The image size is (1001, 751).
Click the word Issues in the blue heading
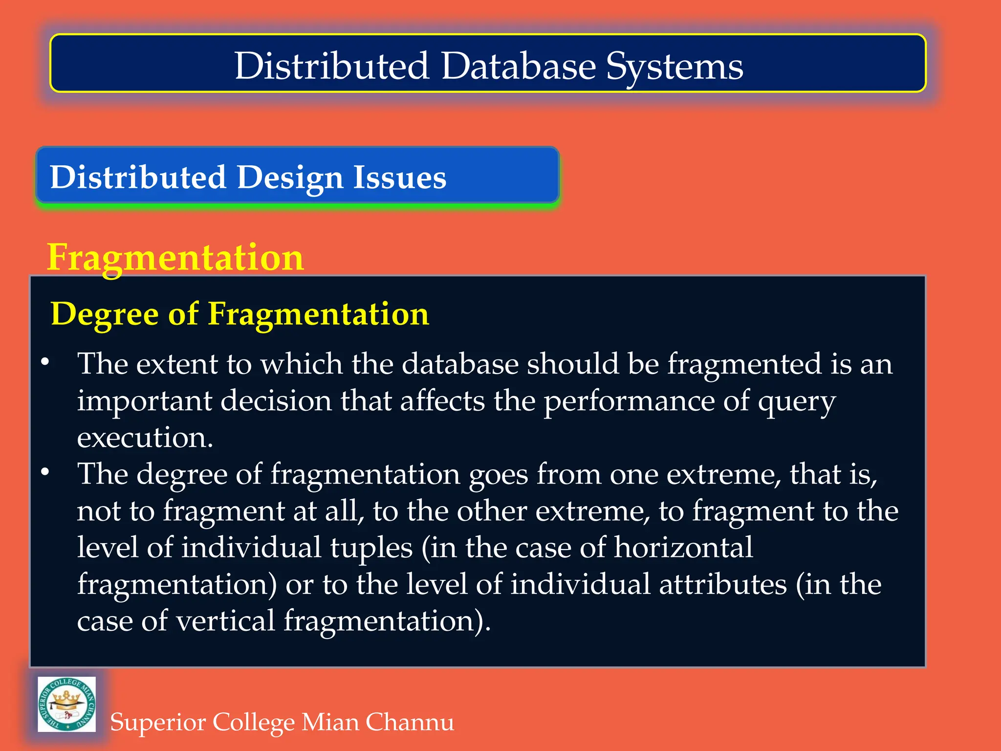[400, 177]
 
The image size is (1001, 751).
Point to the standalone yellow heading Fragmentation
[175, 258]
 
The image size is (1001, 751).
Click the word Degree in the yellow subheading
[105, 314]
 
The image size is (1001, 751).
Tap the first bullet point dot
[45, 362]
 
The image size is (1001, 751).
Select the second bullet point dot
[45, 472]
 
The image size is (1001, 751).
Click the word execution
[145, 438]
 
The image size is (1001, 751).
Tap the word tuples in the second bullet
[371, 548]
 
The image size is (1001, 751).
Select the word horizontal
[683, 547]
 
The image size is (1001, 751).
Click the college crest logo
[67, 704]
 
